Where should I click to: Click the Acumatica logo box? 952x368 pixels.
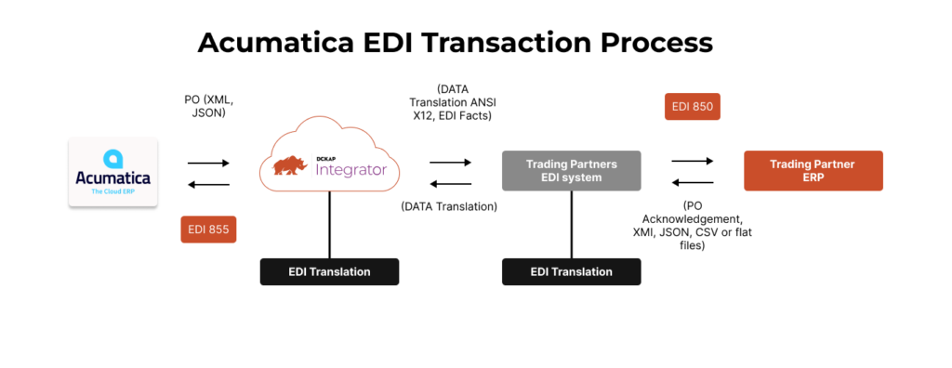(112, 172)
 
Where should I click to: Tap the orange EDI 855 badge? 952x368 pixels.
(208, 229)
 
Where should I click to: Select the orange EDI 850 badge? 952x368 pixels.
(693, 107)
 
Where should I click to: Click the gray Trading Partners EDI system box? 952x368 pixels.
(571, 171)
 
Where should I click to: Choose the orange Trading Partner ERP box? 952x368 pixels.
(813, 171)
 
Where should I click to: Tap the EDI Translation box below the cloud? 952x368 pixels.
(329, 271)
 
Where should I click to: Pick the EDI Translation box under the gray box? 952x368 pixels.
(571, 271)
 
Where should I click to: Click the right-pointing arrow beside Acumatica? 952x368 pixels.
(208, 164)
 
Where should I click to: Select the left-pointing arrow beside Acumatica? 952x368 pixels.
(208, 184)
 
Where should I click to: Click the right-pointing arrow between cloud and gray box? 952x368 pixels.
(450, 164)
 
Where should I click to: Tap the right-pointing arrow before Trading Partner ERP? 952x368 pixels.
(693, 160)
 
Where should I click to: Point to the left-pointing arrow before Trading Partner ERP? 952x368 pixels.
(693, 182)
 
